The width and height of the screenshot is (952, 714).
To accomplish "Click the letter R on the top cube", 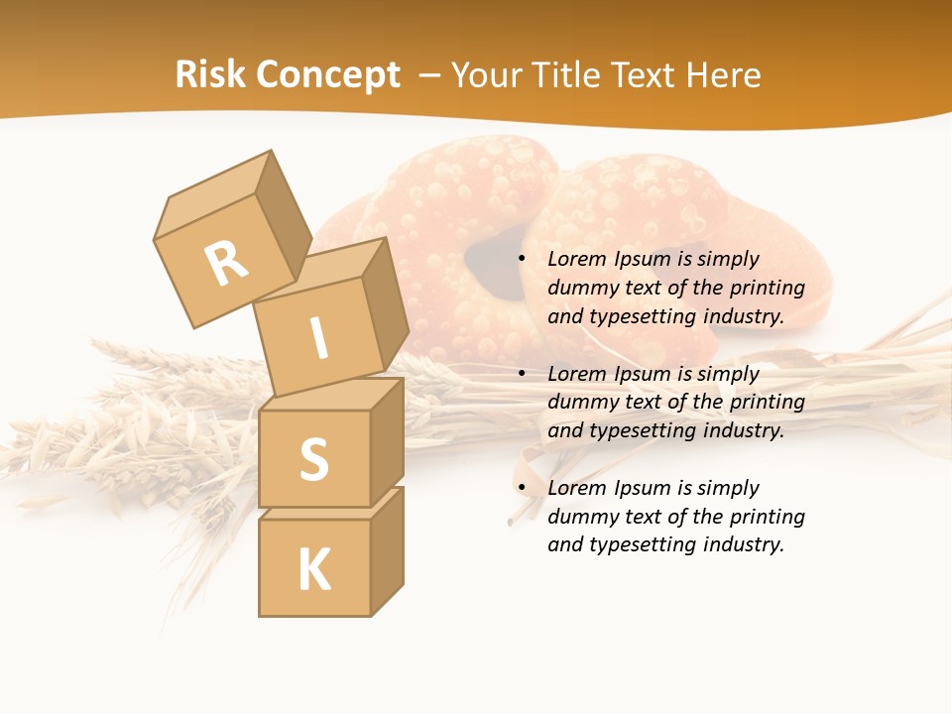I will [x=226, y=264].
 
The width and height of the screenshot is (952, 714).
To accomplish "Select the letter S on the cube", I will [x=313, y=459].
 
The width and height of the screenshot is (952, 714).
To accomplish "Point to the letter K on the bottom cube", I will [x=313, y=570].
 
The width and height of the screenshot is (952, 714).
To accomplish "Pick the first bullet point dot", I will [x=522, y=260].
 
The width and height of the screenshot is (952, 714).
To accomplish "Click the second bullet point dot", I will [x=522, y=375].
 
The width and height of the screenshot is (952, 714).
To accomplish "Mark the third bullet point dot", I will [x=522, y=489].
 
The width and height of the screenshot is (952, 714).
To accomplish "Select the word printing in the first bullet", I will [x=767, y=289].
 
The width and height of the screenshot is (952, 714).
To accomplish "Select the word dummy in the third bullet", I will [x=580, y=517].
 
